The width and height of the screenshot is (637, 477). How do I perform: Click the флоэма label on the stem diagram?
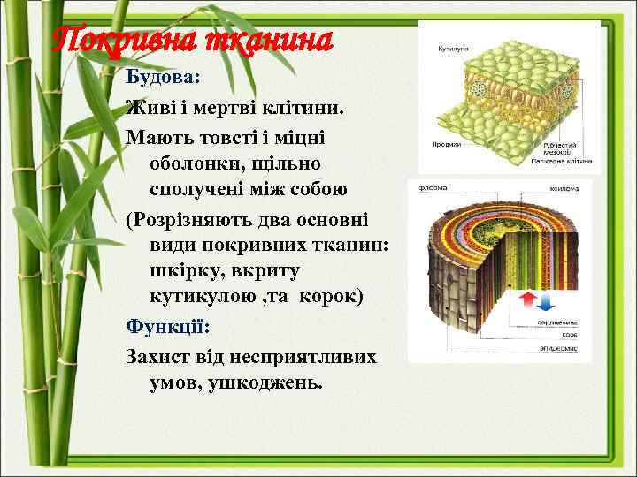click(x=433, y=187)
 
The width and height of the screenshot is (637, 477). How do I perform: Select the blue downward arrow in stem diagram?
click(x=545, y=304)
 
